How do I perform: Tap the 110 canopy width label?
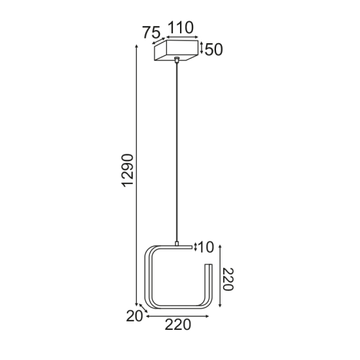(x=181, y=27)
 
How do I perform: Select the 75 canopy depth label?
(x=152, y=33)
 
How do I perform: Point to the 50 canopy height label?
(x=214, y=50)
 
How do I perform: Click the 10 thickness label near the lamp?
(x=206, y=247)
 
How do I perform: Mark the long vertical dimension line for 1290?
(x=137, y=177)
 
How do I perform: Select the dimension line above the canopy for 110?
(x=181, y=37)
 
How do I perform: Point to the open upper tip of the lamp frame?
(x=207, y=266)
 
